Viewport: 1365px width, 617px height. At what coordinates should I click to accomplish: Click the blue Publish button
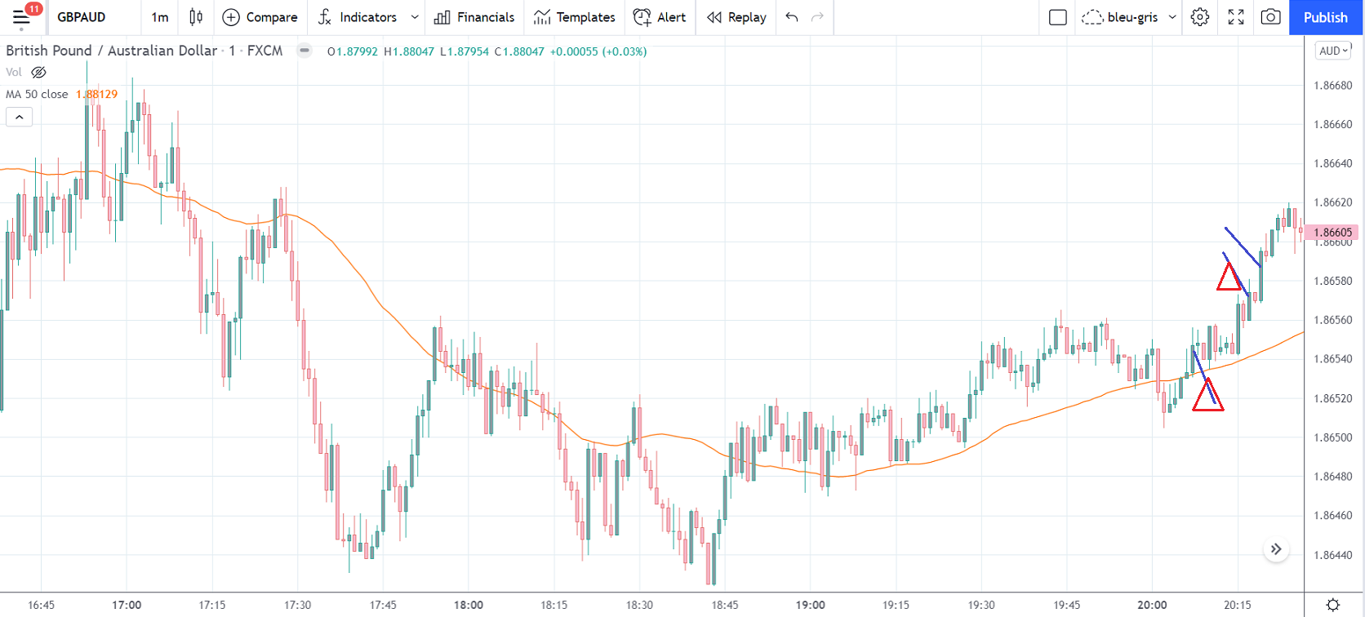click(1325, 17)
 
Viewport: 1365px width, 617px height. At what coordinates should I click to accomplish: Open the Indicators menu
click(367, 17)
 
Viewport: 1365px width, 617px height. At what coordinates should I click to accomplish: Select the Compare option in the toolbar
click(260, 17)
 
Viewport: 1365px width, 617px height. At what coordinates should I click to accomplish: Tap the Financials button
click(474, 17)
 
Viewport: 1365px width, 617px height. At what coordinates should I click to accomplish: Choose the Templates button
click(575, 17)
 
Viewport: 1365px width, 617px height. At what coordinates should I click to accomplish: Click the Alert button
click(660, 17)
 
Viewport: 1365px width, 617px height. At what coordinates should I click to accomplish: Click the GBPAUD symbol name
click(82, 17)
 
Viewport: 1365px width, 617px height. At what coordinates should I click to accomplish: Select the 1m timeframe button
click(160, 17)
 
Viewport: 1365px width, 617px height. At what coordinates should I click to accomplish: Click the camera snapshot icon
click(1270, 17)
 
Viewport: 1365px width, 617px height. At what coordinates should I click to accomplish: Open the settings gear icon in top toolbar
click(1199, 17)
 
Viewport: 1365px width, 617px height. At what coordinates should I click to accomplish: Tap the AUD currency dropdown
click(1333, 51)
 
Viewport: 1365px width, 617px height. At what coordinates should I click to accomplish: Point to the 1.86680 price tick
click(1332, 86)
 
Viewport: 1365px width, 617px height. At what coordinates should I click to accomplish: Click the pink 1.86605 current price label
click(1332, 233)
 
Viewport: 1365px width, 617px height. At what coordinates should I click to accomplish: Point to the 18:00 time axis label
click(469, 605)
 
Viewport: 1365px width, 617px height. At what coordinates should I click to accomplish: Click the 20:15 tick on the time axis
click(1237, 605)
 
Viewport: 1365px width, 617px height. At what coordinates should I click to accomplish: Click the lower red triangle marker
click(1207, 397)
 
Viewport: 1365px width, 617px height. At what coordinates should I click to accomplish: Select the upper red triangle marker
click(1229, 278)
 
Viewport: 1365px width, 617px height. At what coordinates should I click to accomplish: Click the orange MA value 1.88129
click(96, 94)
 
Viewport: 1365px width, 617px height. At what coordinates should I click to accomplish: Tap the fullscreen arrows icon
click(1235, 17)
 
